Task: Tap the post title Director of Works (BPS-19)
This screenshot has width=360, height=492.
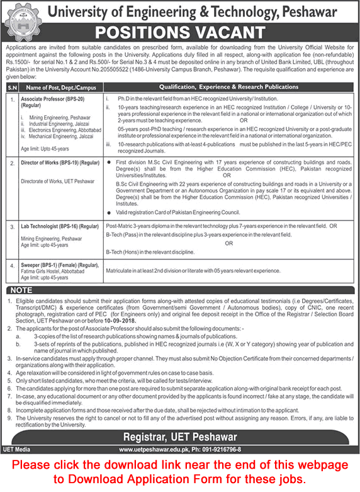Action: (60, 163)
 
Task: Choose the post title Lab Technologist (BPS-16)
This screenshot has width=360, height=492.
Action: (59, 225)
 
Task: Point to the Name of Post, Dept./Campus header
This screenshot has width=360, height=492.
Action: (60, 86)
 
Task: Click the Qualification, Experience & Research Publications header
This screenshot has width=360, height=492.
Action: (228, 86)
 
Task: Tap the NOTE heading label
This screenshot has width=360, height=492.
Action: (22, 289)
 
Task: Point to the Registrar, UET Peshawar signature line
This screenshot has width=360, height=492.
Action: (180, 436)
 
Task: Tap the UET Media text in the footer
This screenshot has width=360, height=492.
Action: (18, 449)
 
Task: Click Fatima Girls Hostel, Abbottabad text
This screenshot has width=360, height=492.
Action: (54, 272)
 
